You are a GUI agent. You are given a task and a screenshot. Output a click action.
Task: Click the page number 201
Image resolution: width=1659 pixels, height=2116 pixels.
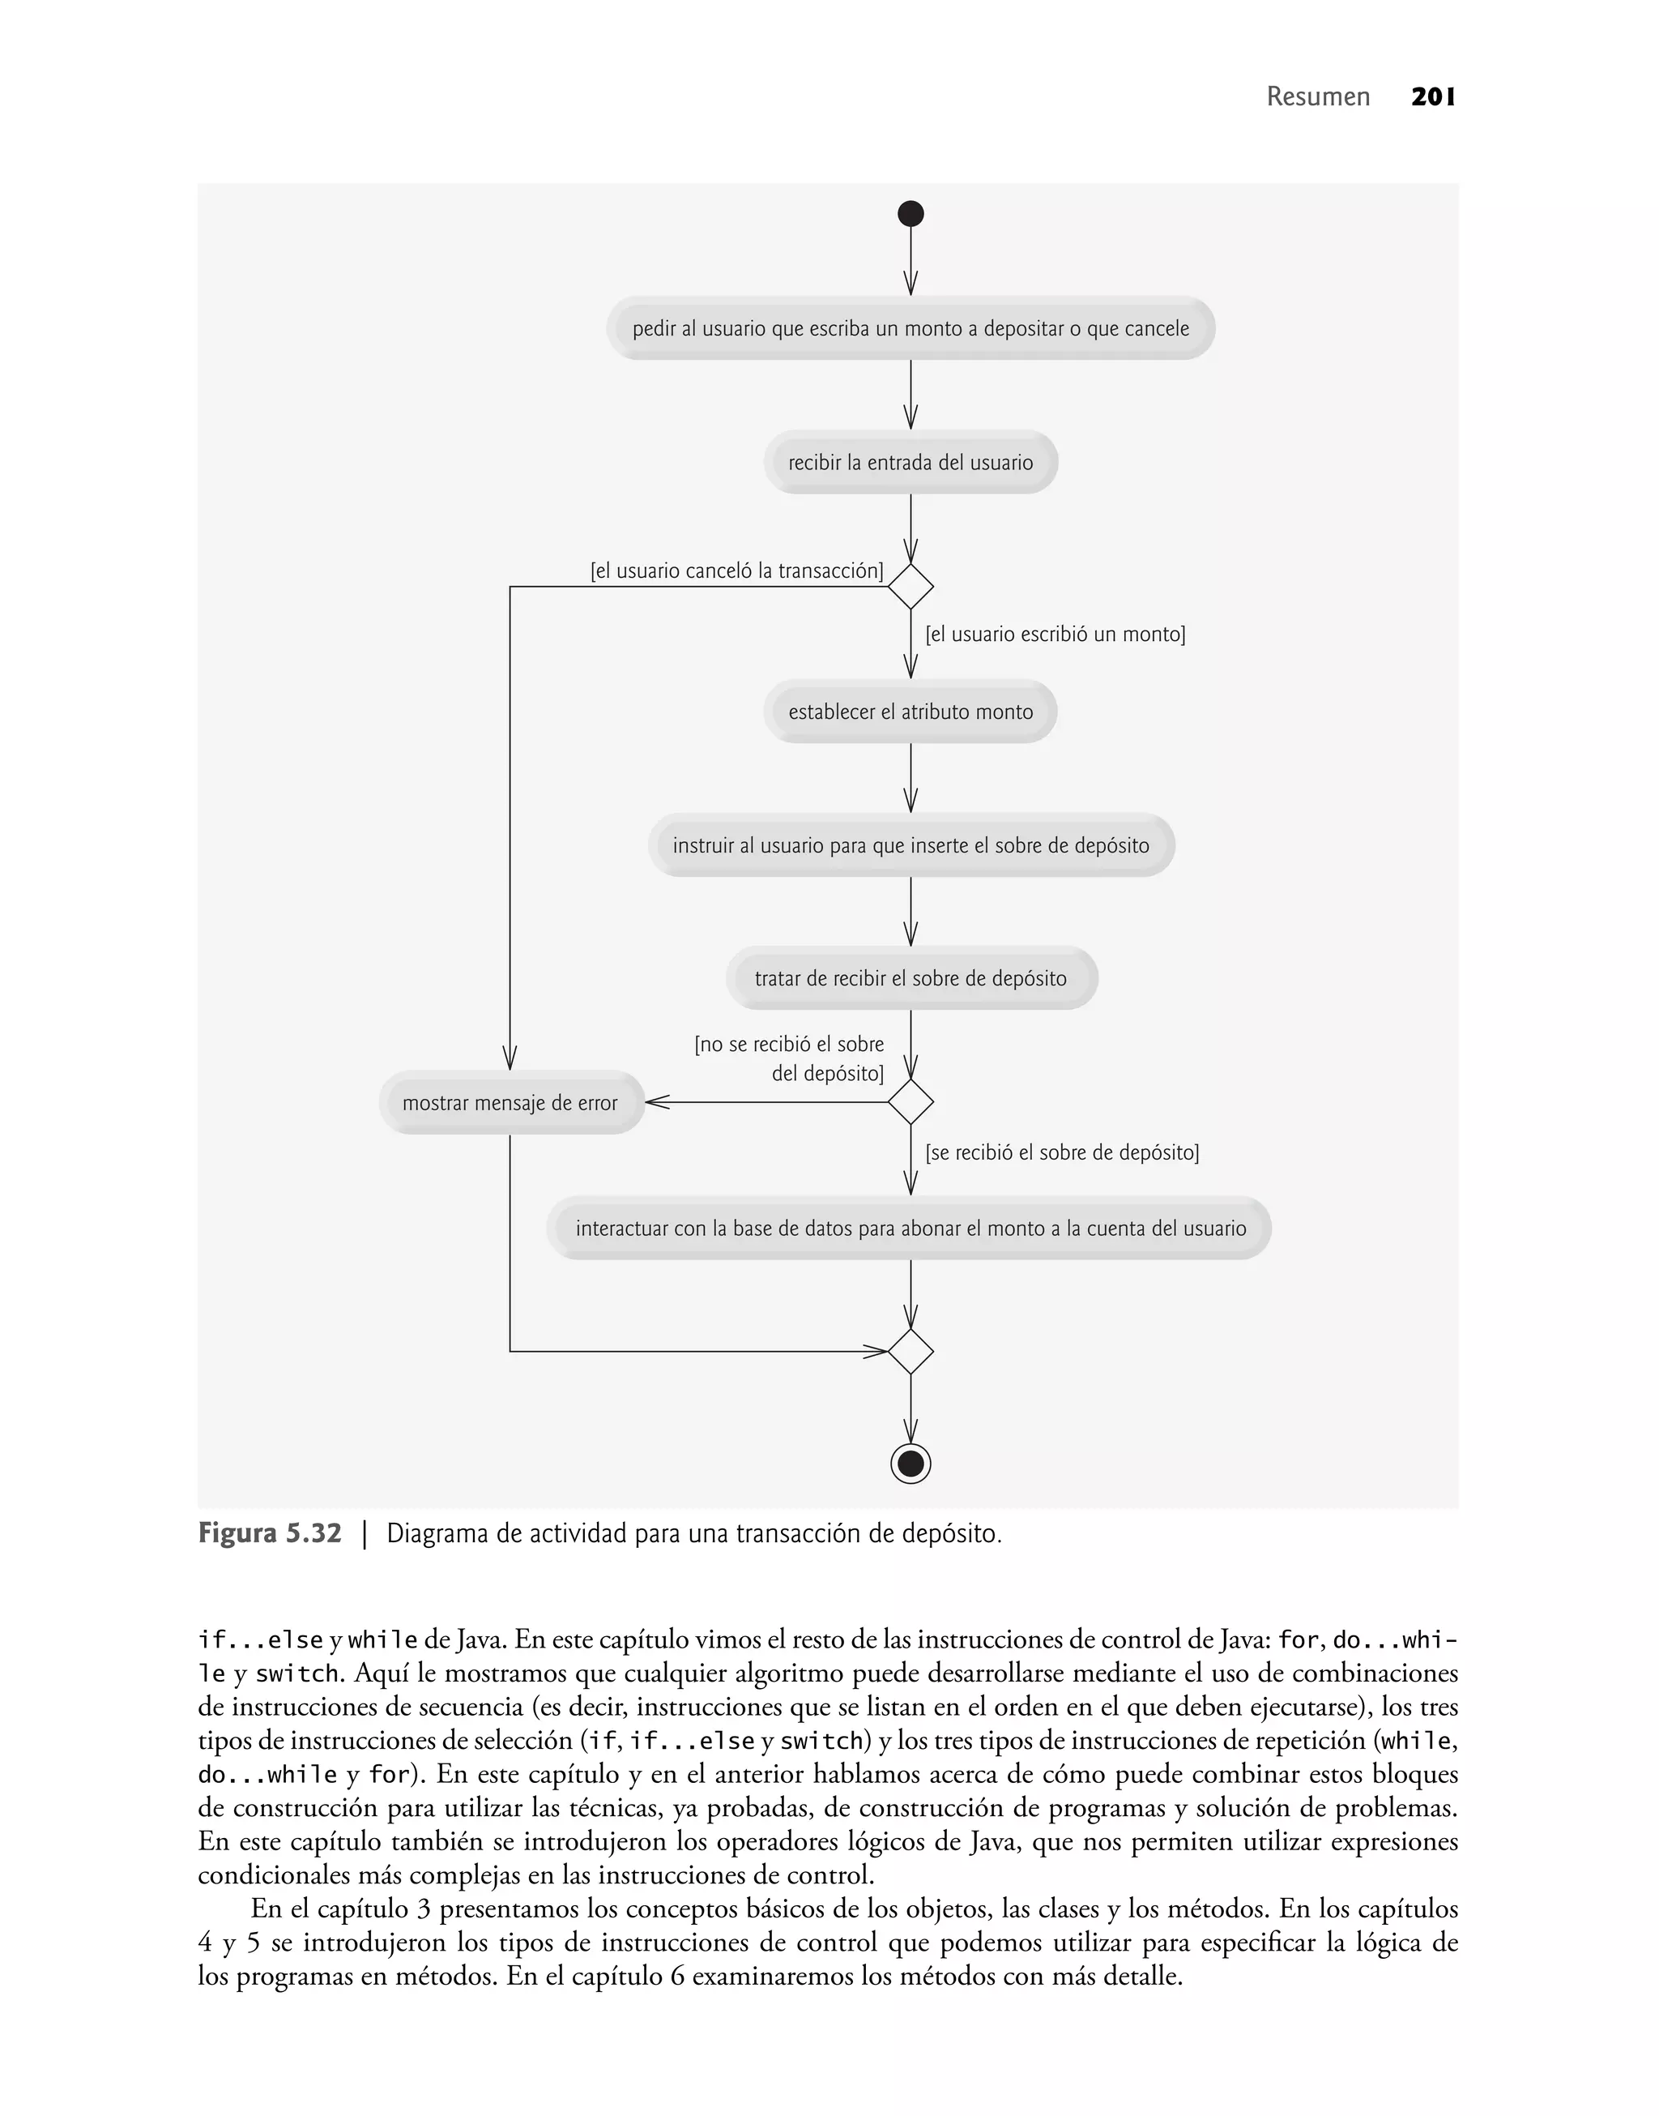click(1433, 97)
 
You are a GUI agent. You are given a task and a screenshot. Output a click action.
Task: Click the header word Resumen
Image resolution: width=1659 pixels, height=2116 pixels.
click(1318, 97)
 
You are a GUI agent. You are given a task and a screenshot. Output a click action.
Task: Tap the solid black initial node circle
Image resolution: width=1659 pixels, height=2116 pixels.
click(911, 214)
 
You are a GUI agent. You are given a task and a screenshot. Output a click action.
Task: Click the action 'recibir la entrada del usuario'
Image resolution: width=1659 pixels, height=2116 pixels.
click(911, 463)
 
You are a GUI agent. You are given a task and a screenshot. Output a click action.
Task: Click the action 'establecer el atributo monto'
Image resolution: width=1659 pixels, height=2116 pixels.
click(911, 712)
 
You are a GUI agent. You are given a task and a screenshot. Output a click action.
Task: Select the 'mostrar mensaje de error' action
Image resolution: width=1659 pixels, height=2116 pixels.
click(510, 1103)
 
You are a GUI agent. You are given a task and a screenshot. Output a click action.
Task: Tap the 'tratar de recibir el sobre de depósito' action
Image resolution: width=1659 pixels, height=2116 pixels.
click(911, 978)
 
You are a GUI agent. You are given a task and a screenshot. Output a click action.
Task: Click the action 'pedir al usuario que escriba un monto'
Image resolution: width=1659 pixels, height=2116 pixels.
click(911, 328)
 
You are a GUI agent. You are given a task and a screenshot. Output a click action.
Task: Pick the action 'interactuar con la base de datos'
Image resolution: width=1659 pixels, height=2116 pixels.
click(911, 1228)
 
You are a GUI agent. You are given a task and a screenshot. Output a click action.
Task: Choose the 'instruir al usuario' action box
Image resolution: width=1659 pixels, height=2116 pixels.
click(911, 845)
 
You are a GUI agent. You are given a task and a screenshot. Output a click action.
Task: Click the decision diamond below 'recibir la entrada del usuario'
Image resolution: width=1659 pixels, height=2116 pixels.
click(911, 587)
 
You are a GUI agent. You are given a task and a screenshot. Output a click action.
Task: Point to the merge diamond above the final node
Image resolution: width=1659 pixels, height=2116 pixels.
click(911, 1352)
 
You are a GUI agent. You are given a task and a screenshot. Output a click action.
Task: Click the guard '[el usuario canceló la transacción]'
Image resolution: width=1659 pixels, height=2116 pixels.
click(736, 571)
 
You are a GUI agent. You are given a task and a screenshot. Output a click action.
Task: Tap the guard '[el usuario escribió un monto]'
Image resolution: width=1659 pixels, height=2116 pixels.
click(1055, 635)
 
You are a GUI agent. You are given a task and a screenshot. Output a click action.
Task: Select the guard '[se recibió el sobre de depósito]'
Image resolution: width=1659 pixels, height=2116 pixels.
click(1062, 1153)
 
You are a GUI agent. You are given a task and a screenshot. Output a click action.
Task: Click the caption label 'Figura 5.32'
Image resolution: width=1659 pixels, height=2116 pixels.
click(270, 1534)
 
